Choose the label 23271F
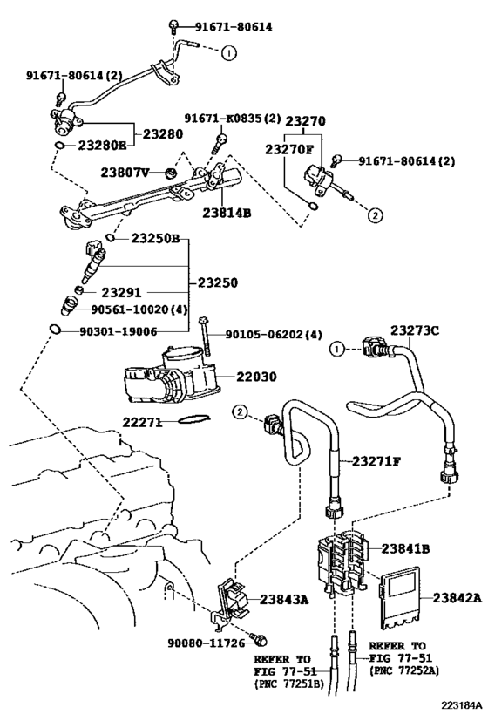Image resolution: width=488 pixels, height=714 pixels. click(x=376, y=460)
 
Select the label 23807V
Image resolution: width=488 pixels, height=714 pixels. click(x=127, y=172)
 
